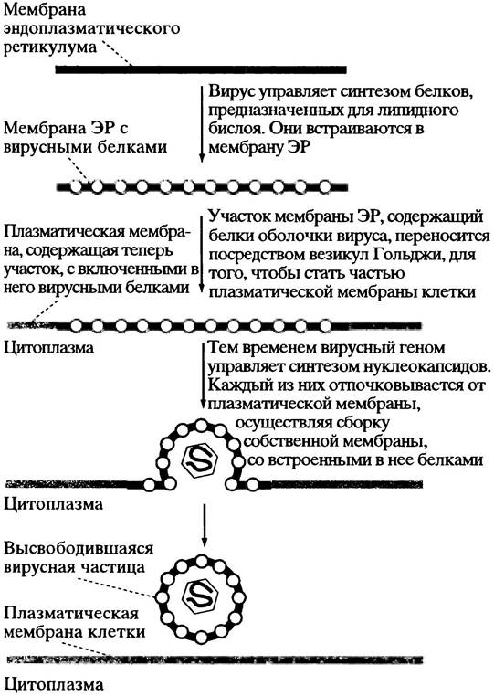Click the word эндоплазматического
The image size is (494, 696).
pos(92,29)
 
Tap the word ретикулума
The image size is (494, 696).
pos(50,48)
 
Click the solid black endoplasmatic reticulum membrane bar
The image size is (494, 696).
pos(201,69)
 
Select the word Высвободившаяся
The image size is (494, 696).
pos(79,548)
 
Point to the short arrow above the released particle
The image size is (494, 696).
pos(204,525)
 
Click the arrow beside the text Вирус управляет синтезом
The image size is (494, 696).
pos(201,124)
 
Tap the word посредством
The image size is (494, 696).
pos(248,256)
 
